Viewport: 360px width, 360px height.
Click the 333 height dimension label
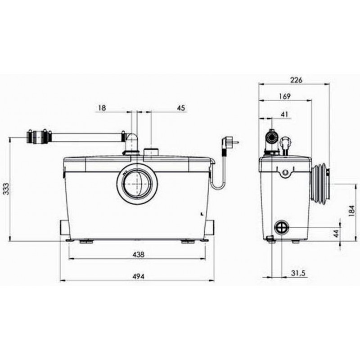(7, 189)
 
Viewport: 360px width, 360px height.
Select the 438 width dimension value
(139, 254)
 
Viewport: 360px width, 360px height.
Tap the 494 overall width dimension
(139, 277)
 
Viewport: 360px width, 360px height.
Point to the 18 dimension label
(102, 108)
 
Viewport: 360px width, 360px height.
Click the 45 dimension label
(181, 108)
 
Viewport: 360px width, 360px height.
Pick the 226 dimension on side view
(297, 80)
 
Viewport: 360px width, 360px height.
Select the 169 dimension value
(285, 96)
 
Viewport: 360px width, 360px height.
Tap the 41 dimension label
(284, 114)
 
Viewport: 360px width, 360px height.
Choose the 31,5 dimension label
(298, 274)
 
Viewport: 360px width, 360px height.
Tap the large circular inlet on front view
(137, 184)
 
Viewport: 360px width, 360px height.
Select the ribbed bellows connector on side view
(320, 184)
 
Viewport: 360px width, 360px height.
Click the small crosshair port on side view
(282, 227)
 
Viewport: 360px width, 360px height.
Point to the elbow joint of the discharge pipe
(131, 142)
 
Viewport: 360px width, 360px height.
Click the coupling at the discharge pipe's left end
(39, 137)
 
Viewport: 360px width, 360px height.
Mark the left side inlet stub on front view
(64, 227)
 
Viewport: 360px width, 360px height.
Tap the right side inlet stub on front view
(209, 227)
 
